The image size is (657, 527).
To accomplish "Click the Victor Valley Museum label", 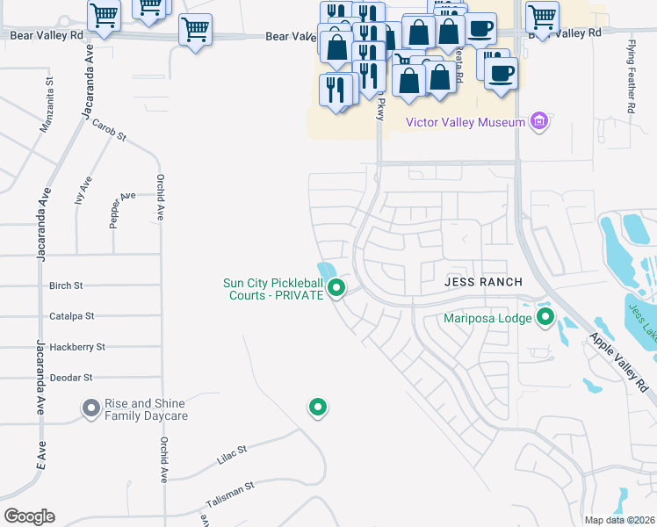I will tap(465, 122).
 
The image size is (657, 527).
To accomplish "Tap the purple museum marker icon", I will tap(540, 121).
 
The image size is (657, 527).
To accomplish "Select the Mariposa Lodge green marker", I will tap(545, 317).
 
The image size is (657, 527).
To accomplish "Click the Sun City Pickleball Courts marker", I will tap(336, 286).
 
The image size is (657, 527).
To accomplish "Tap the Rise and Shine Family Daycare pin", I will tap(90, 408).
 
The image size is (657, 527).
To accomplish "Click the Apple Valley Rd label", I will tap(624, 361).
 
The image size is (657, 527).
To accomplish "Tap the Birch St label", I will tap(66, 285).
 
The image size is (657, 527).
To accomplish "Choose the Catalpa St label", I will tap(71, 315).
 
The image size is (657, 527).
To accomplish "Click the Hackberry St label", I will tap(77, 347).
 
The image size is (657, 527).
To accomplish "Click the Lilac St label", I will tap(231, 454).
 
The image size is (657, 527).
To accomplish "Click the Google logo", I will tap(29, 516).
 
